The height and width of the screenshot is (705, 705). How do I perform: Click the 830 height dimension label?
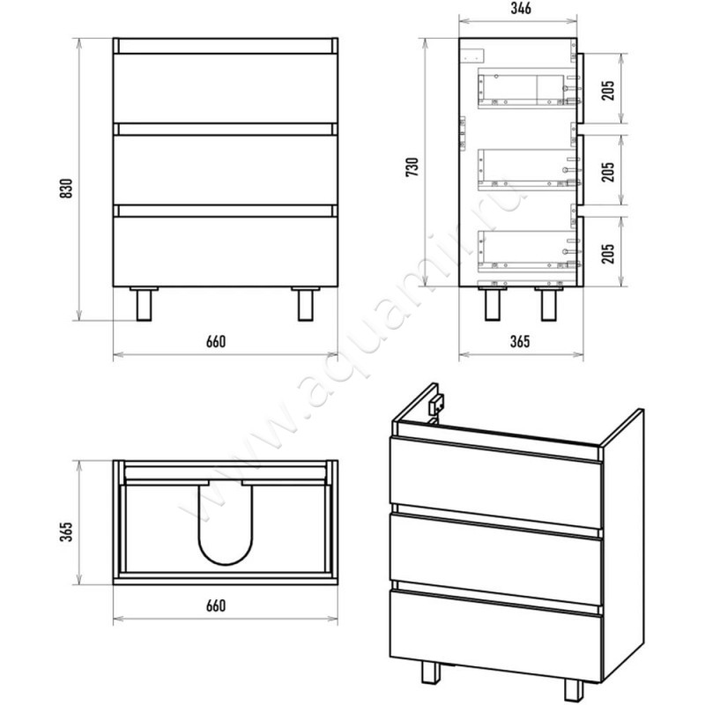(66, 189)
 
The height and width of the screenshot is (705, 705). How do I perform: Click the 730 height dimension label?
(412, 167)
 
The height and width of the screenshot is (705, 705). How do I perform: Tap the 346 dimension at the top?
(521, 8)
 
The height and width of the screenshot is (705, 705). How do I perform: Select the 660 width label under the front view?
(216, 342)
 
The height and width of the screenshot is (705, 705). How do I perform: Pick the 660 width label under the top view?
(216, 605)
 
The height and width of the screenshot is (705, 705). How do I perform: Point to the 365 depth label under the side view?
(520, 342)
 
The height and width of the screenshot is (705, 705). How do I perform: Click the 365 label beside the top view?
(66, 532)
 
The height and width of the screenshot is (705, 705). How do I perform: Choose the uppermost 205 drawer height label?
(607, 91)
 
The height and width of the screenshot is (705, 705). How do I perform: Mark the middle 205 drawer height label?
(607, 172)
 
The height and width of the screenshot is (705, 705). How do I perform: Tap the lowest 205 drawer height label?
(607, 254)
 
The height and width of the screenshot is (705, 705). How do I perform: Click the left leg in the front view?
(144, 304)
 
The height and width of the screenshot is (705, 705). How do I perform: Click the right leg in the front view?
(306, 304)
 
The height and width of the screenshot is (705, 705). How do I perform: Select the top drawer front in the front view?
(226, 88)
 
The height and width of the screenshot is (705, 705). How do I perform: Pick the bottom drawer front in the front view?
(226, 251)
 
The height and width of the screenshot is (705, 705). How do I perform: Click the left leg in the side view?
(493, 304)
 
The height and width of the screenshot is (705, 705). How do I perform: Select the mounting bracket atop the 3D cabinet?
(436, 404)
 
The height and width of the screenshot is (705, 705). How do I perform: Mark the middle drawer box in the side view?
(527, 169)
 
